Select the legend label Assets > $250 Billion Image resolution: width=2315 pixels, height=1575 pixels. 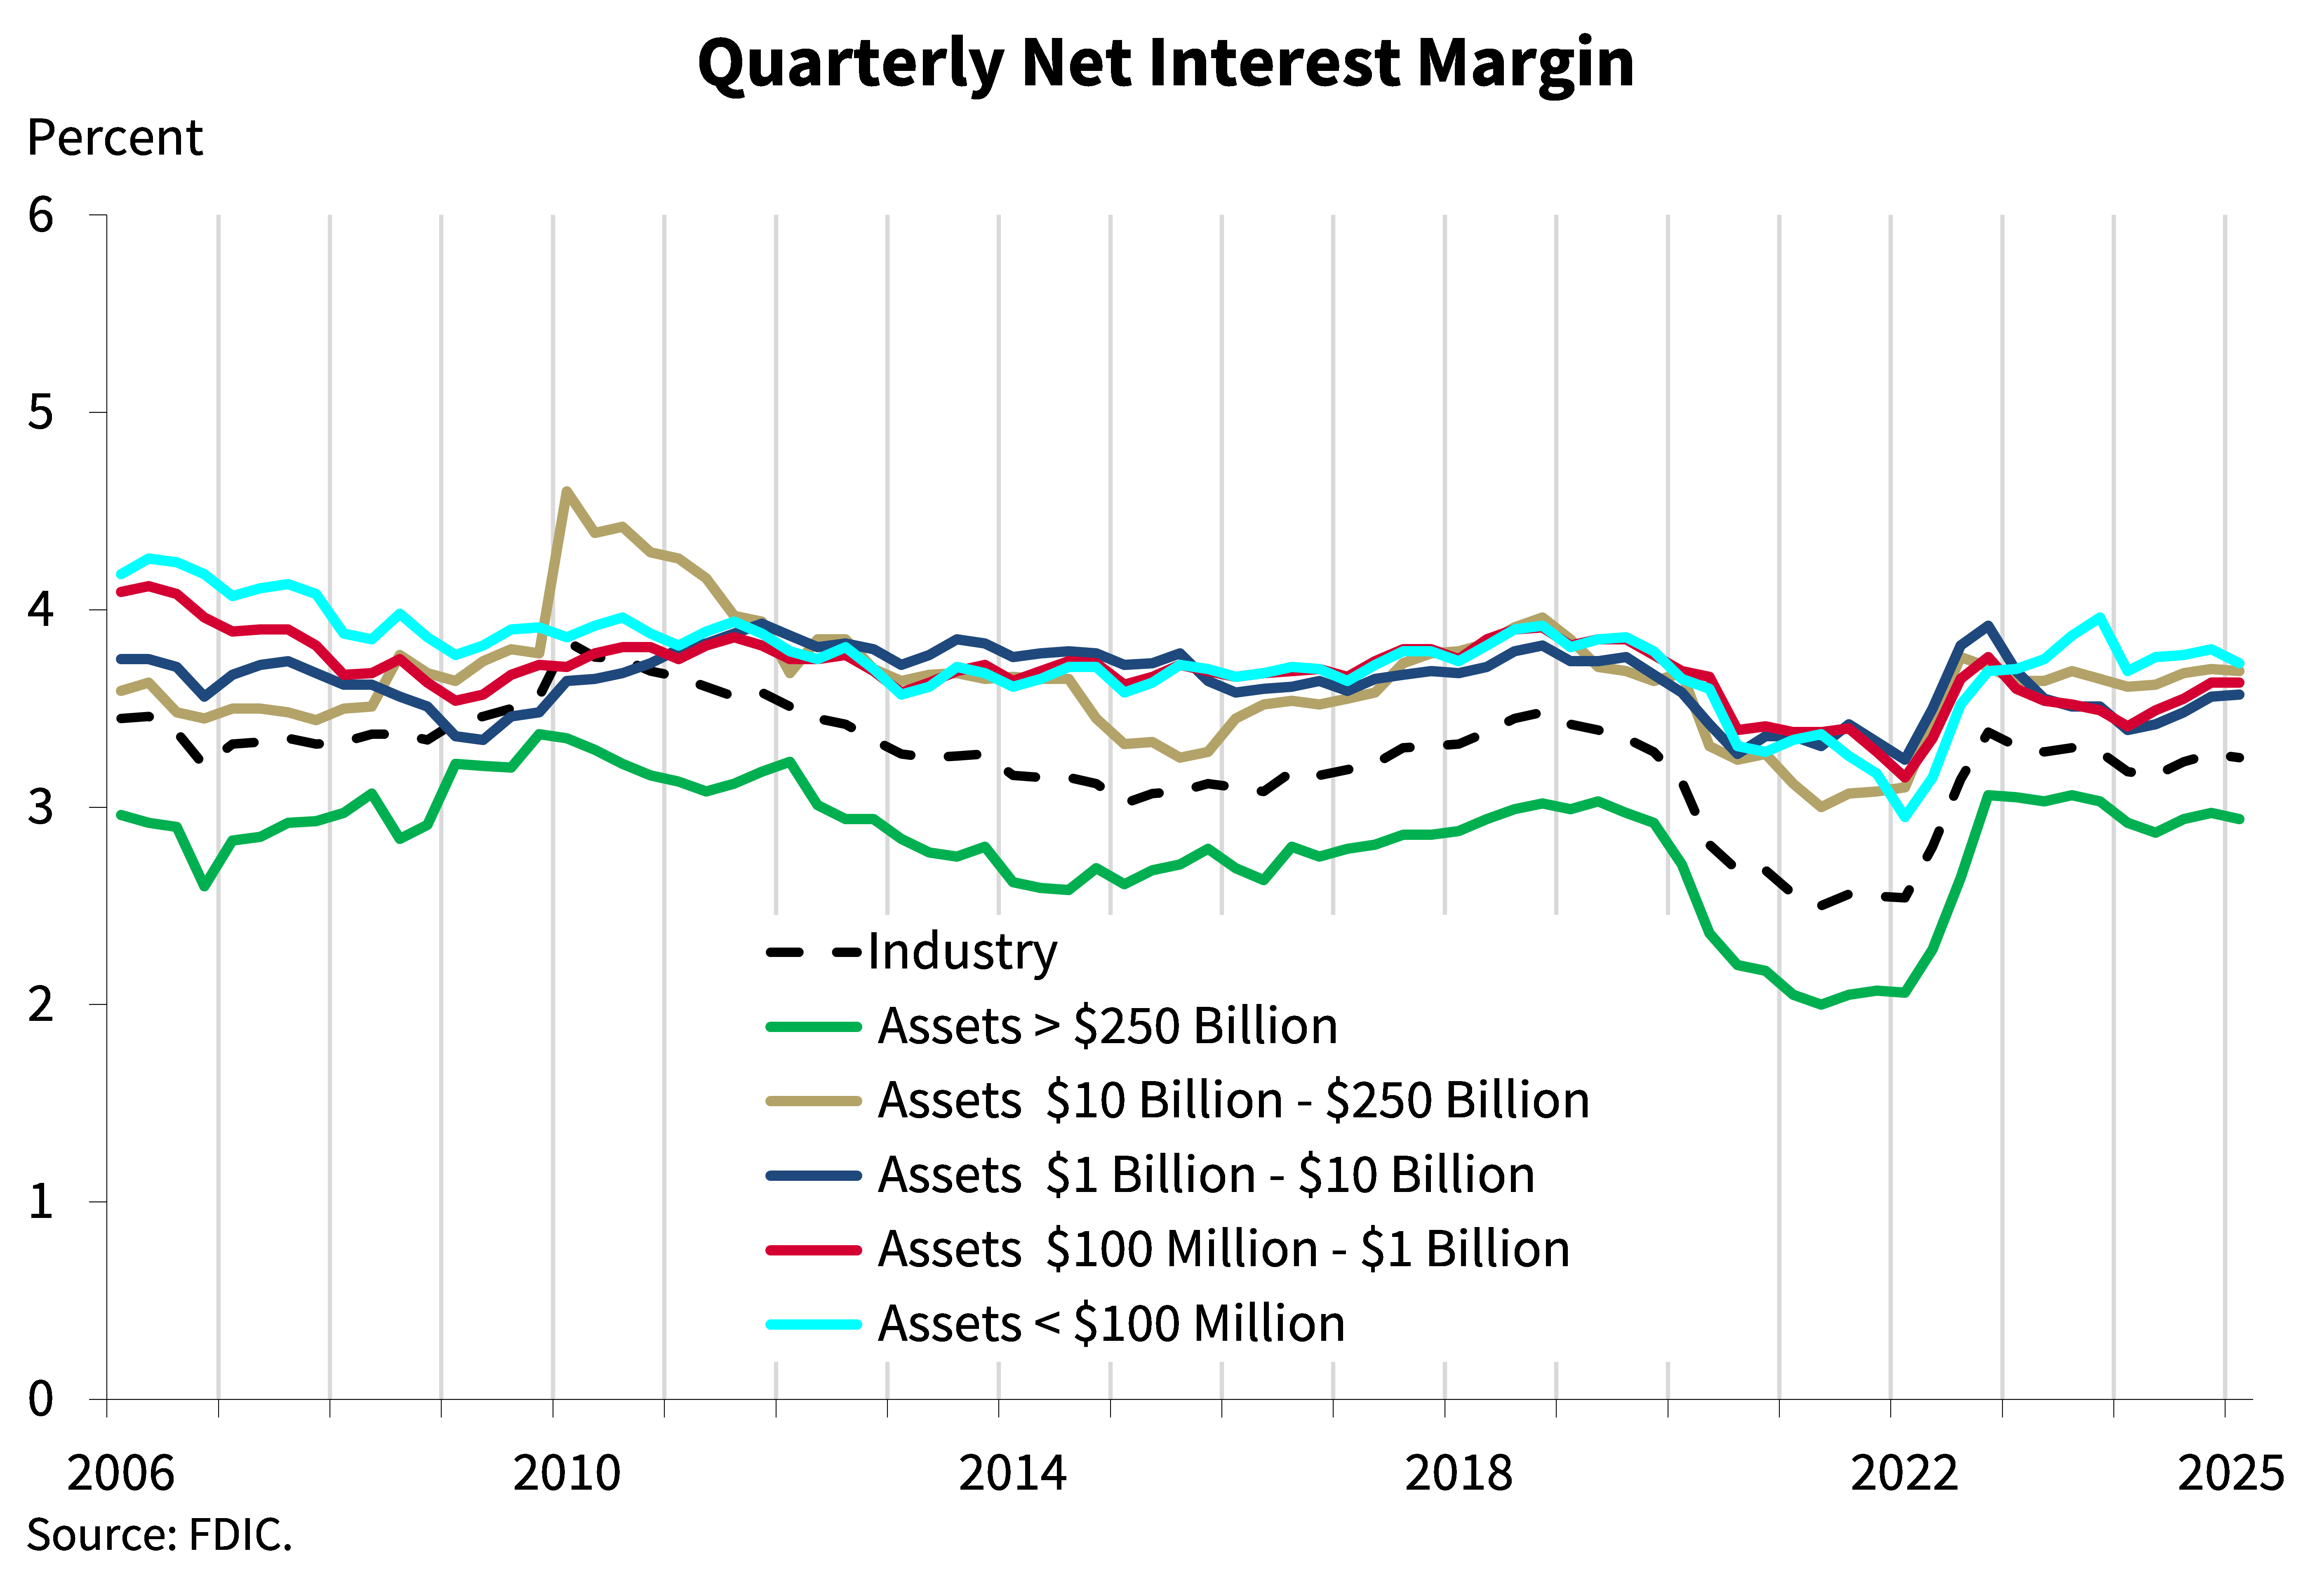(x=1107, y=1026)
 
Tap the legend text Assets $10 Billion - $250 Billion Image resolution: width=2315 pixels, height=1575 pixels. (x=1233, y=1101)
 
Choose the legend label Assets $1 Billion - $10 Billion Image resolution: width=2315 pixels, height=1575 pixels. (x=1205, y=1175)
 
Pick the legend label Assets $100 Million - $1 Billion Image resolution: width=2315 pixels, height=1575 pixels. (x=1223, y=1249)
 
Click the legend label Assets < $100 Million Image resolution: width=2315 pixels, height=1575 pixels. (x=1110, y=1324)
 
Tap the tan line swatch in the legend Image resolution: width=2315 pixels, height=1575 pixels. (x=813, y=1101)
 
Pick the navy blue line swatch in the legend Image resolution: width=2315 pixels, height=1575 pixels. (x=813, y=1175)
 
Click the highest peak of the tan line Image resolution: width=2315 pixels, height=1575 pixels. (x=566, y=490)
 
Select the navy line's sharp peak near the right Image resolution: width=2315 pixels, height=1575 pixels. (x=1988, y=625)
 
